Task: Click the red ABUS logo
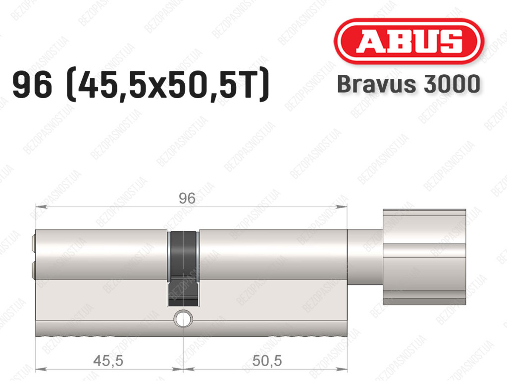click(408, 41)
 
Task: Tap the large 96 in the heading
click(32, 85)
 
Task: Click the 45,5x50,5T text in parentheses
click(167, 85)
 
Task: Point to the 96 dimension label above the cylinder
click(187, 198)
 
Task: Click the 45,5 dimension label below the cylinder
click(108, 360)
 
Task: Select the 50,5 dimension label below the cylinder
click(267, 360)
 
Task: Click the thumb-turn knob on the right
click(424, 257)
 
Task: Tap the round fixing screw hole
click(183, 319)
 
